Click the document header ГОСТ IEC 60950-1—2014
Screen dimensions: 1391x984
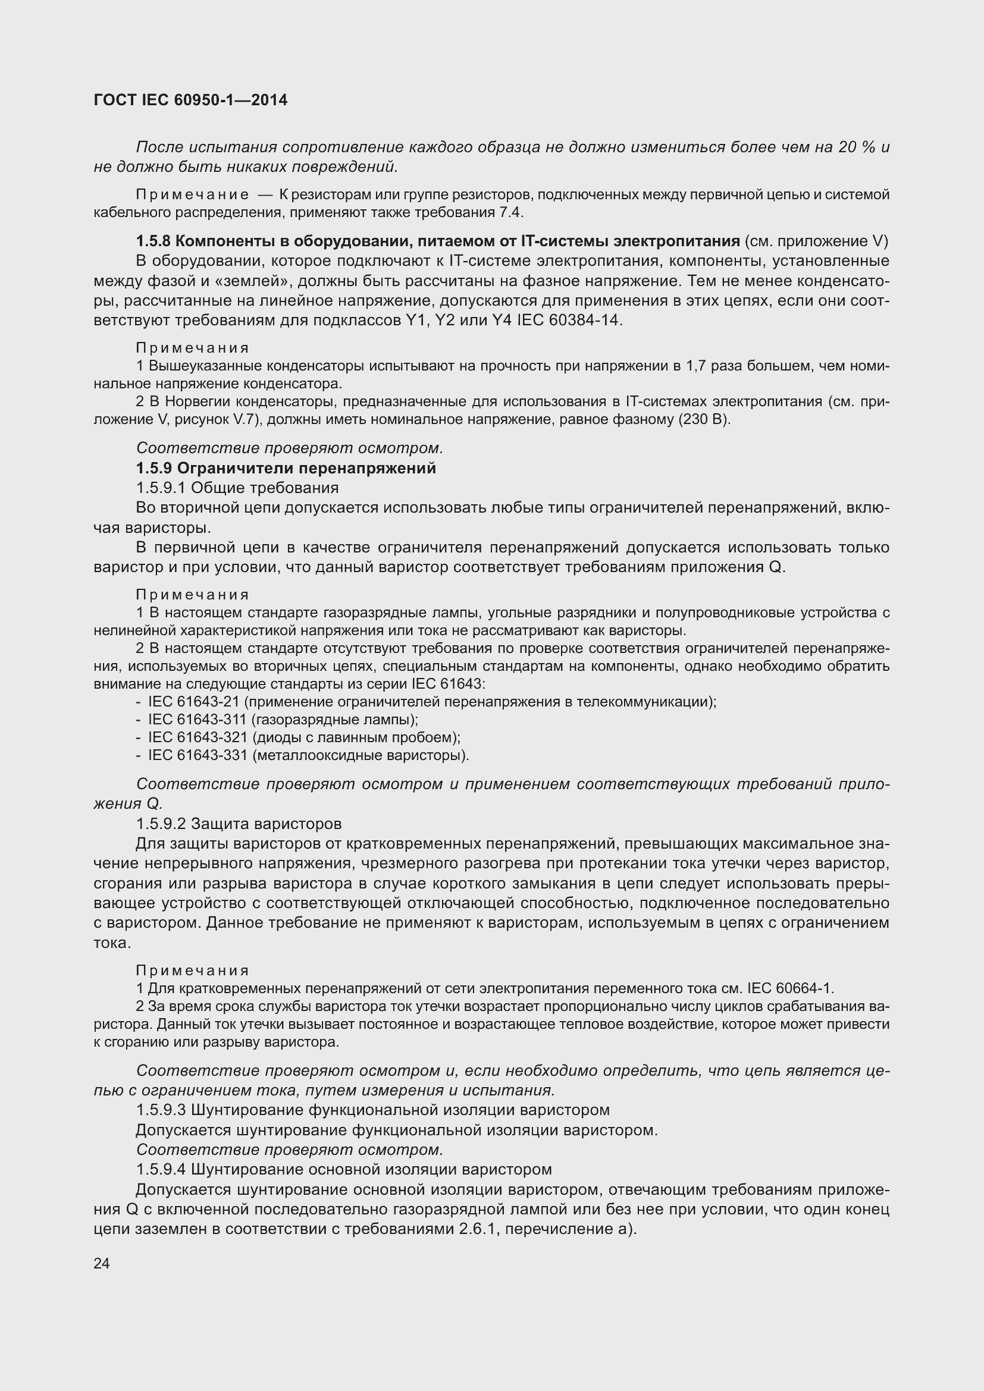pos(190,100)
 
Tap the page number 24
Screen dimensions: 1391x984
pos(102,1263)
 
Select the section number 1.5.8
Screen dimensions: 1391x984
pos(154,241)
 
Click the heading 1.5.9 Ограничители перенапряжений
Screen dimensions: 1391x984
pos(286,467)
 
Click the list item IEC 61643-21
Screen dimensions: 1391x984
pos(197,702)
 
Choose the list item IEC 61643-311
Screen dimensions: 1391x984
pos(197,720)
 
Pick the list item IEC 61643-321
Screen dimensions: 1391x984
pos(197,737)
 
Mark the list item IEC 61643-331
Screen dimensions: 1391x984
pos(197,755)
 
